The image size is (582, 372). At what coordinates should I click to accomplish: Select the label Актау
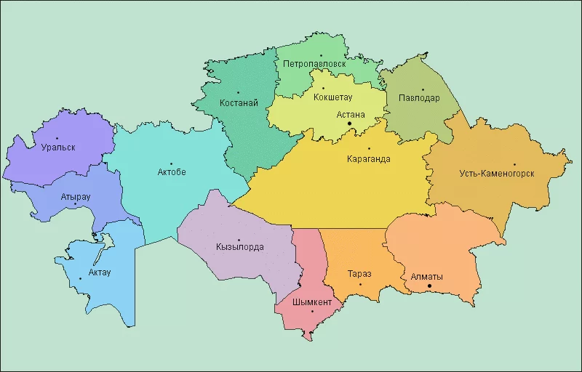pos(100,272)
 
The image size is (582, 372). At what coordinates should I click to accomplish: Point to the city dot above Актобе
pos(172,163)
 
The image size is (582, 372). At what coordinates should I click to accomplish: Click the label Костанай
pos(239,102)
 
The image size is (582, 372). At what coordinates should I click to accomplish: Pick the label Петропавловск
pos(314,64)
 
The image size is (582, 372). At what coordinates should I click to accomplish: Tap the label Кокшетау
pos(332,97)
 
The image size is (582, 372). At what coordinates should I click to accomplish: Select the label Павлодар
pos(419,99)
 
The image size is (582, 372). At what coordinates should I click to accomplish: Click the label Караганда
pos(368,160)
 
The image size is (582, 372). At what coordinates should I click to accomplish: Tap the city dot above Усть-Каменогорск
pos(514,164)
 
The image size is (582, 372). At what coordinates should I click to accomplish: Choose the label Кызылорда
pos(239,247)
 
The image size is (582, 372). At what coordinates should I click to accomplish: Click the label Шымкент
pos(311,302)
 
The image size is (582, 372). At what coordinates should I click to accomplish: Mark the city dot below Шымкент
pos(312,312)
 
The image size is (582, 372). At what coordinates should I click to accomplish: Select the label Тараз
pos(359,274)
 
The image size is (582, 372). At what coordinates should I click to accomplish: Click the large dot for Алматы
pos(429,286)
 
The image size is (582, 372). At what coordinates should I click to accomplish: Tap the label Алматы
pos(427,276)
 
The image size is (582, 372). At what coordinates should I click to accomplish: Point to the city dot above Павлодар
pos(423,90)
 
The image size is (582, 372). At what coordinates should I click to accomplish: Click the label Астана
pos(351,114)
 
